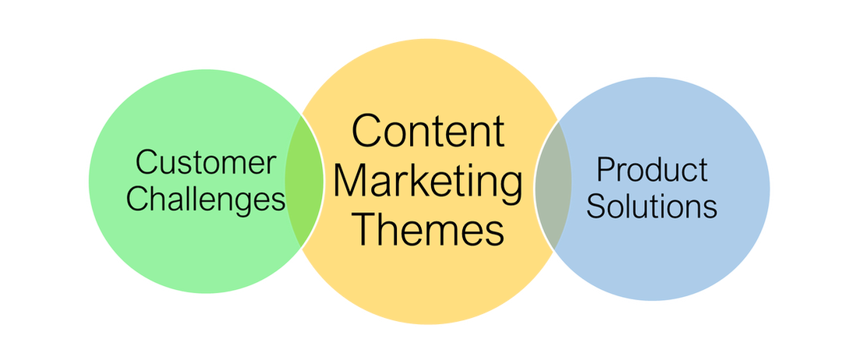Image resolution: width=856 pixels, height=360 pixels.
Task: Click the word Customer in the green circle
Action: (207, 163)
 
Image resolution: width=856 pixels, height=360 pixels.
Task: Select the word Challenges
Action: (207, 201)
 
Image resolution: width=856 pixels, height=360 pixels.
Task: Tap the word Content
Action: (428, 131)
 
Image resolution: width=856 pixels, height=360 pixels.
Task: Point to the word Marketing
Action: (428, 182)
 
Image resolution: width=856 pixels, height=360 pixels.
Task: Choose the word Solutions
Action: (652, 206)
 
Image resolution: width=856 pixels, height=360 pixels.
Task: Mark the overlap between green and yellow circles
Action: (304, 181)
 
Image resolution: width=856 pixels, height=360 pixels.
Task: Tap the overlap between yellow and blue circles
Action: (553, 185)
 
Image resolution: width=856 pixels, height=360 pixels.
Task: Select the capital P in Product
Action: (606, 169)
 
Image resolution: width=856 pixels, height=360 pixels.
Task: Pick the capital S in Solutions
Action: (597, 206)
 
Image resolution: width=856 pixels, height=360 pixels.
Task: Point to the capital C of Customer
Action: (147, 163)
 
